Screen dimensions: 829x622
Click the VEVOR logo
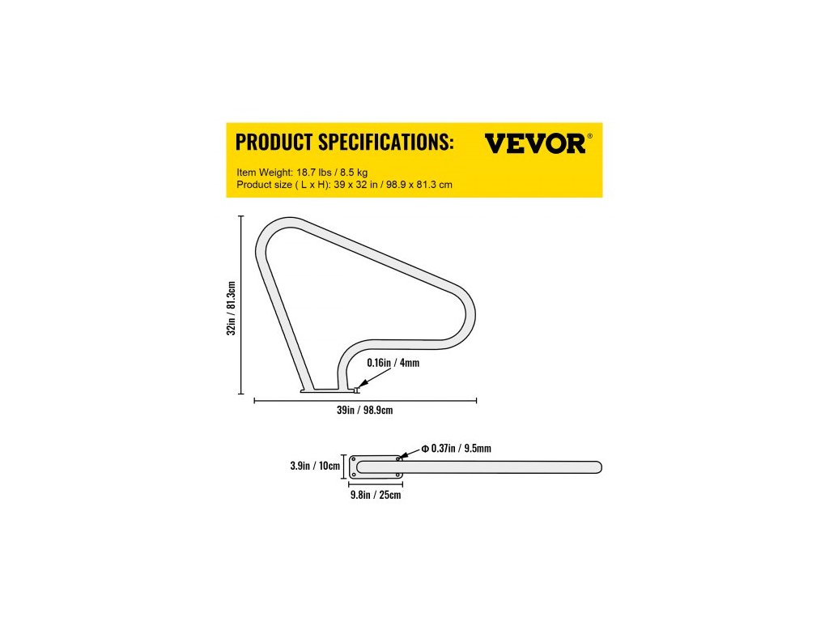534,143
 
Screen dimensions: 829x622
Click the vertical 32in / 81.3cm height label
231,308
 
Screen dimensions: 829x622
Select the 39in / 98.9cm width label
364,411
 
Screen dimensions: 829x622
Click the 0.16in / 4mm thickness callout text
394,364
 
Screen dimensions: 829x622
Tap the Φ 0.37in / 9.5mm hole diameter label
457,448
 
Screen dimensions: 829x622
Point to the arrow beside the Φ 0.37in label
407,453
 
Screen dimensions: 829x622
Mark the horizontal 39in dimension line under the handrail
365,400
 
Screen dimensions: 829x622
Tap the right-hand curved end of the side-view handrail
467,320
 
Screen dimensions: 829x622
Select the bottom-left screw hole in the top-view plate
354,475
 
